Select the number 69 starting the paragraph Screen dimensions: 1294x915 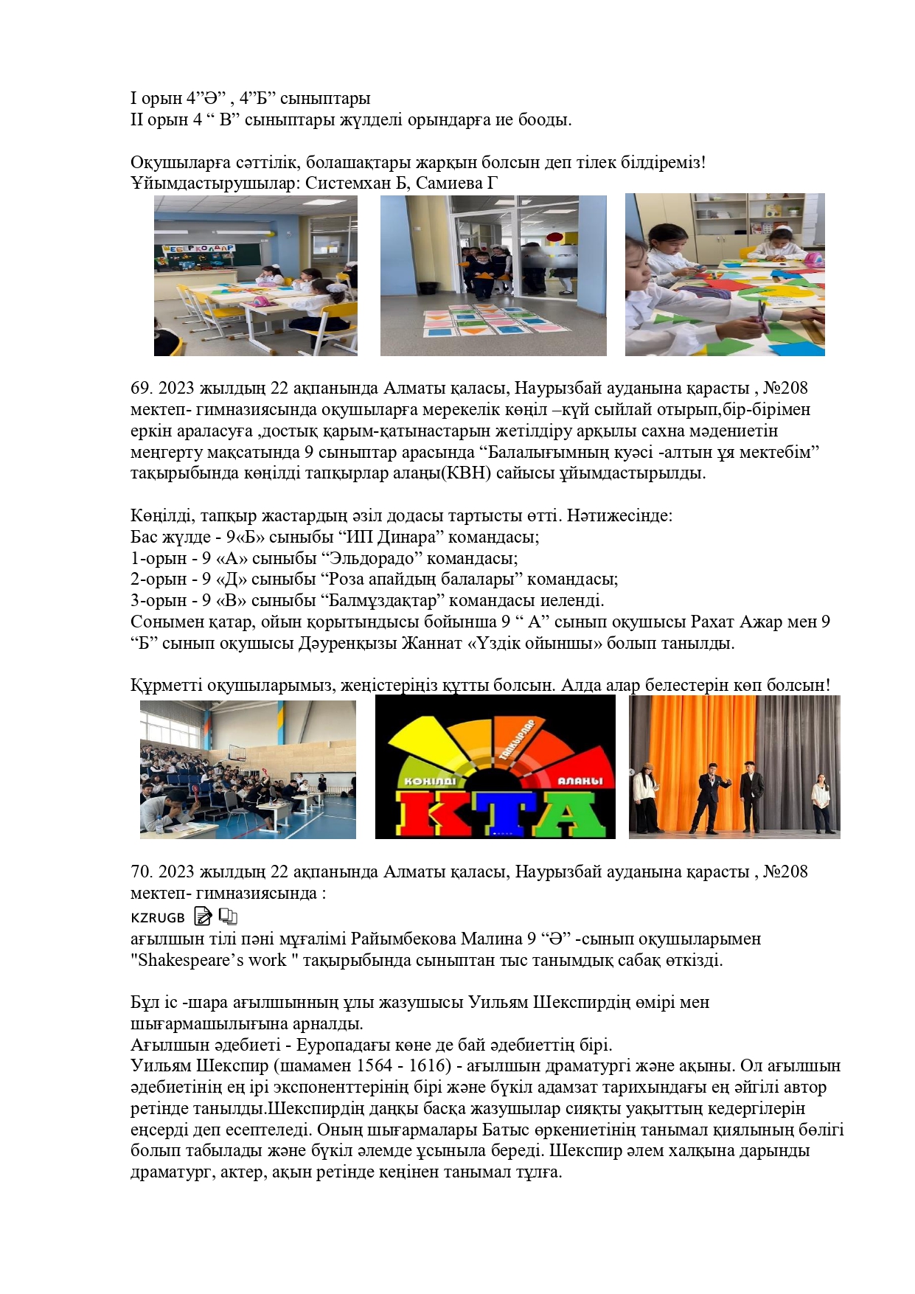[x=140, y=388]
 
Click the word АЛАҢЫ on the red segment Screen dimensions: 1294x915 [x=580, y=780]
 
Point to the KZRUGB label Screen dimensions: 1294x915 [x=158, y=918]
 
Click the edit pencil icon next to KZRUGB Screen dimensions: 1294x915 [x=202, y=916]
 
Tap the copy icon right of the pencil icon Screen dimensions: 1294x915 [x=228, y=916]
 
